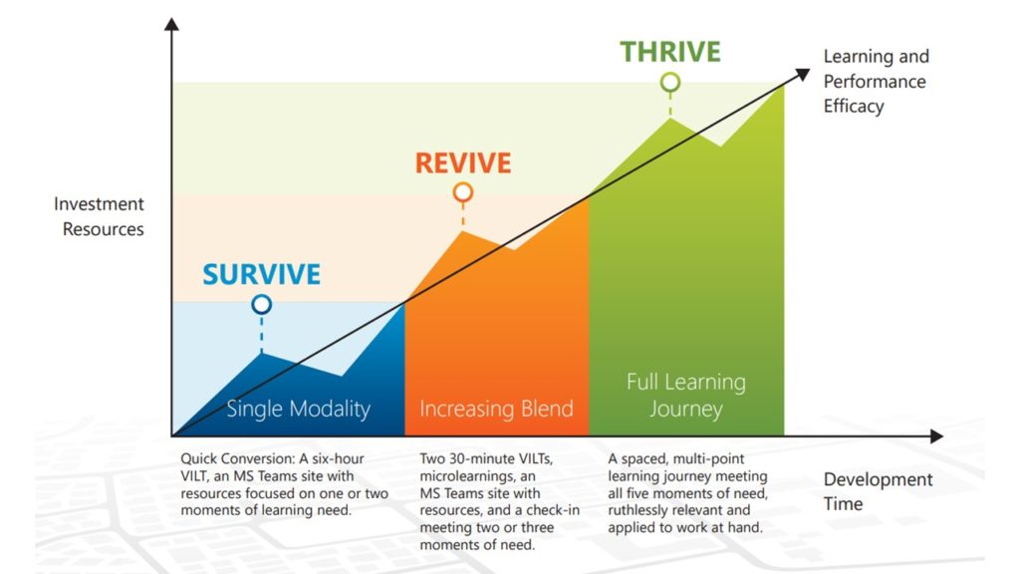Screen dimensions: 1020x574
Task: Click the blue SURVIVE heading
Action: click(262, 274)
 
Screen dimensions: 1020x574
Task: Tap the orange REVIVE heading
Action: click(463, 162)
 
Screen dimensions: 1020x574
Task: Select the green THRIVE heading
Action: click(670, 52)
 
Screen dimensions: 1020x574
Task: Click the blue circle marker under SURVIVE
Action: click(262, 304)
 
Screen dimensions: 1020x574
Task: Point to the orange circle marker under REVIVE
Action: click(463, 192)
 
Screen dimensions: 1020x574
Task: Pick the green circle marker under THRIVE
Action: click(670, 82)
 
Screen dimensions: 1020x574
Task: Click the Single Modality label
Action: click(298, 409)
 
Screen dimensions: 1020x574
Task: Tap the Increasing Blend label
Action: click(496, 409)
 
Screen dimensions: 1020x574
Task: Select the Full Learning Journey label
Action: click(685, 395)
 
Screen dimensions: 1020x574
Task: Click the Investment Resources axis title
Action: click(100, 216)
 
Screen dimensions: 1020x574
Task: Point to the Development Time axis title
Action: click(878, 491)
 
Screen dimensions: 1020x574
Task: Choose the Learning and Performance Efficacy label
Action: click(876, 82)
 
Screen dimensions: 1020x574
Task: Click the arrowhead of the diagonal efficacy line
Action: click(803, 74)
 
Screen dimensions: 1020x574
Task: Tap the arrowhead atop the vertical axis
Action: click(171, 24)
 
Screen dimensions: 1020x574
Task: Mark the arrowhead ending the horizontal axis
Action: click(936, 436)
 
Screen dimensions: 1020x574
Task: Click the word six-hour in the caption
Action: click(338, 458)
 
